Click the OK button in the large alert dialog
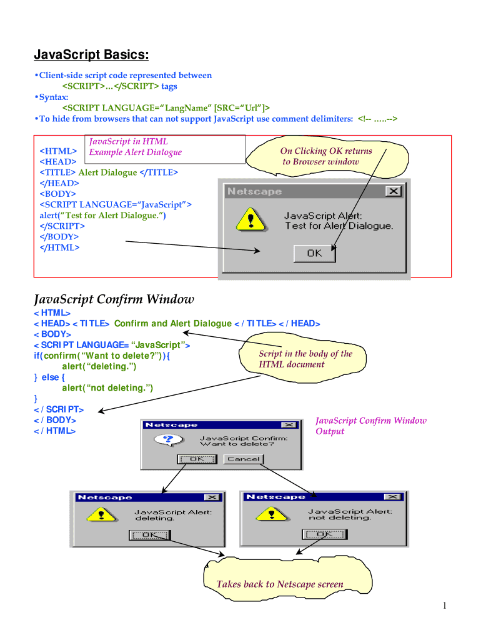314,253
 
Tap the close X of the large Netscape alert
393,192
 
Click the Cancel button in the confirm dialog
244,459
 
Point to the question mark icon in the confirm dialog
166,441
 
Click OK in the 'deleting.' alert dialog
149,535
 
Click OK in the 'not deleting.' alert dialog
323,534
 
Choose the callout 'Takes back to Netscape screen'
280,584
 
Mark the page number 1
444,605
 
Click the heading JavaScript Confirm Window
114,299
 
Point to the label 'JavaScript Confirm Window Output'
370,426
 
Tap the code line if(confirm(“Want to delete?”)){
102,356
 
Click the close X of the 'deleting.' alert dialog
212,497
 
